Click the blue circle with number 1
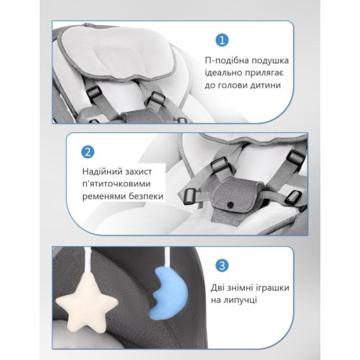pyautogui.click(x=222, y=40)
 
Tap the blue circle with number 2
pyautogui.click(x=88, y=152)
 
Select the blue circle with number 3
pyautogui.click(x=222, y=266)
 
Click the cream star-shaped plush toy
pyautogui.click(x=87, y=300)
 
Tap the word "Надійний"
pyautogui.click(x=102, y=172)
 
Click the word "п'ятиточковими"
pyautogui.click(x=116, y=184)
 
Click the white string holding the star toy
pyautogui.click(x=88, y=259)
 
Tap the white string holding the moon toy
pyautogui.click(x=166, y=257)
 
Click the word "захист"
pyautogui.click(x=139, y=172)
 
